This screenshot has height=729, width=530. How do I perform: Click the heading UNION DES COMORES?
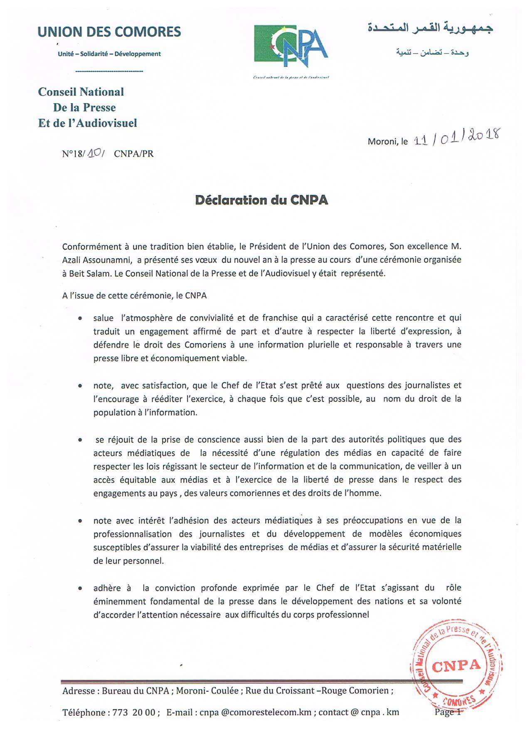click(x=109, y=32)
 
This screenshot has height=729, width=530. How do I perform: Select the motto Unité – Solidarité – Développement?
click(x=109, y=54)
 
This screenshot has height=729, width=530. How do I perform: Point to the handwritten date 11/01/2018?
click(x=457, y=138)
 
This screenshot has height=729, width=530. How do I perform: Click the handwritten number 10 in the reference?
click(x=97, y=153)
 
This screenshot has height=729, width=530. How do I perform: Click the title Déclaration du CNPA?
click(x=261, y=200)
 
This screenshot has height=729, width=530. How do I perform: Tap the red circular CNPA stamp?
click(x=456, y=665)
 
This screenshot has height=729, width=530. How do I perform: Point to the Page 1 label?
click(x=448, y=712)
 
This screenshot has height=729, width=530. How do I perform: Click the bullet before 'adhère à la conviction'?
click(x=80, y=588)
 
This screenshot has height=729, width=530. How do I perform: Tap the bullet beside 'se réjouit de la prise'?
click(x=80, y=440)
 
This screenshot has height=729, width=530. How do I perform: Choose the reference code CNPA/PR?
click(x=133, y=153)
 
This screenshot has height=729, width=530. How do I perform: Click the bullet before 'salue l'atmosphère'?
click(x=80, y=318)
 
